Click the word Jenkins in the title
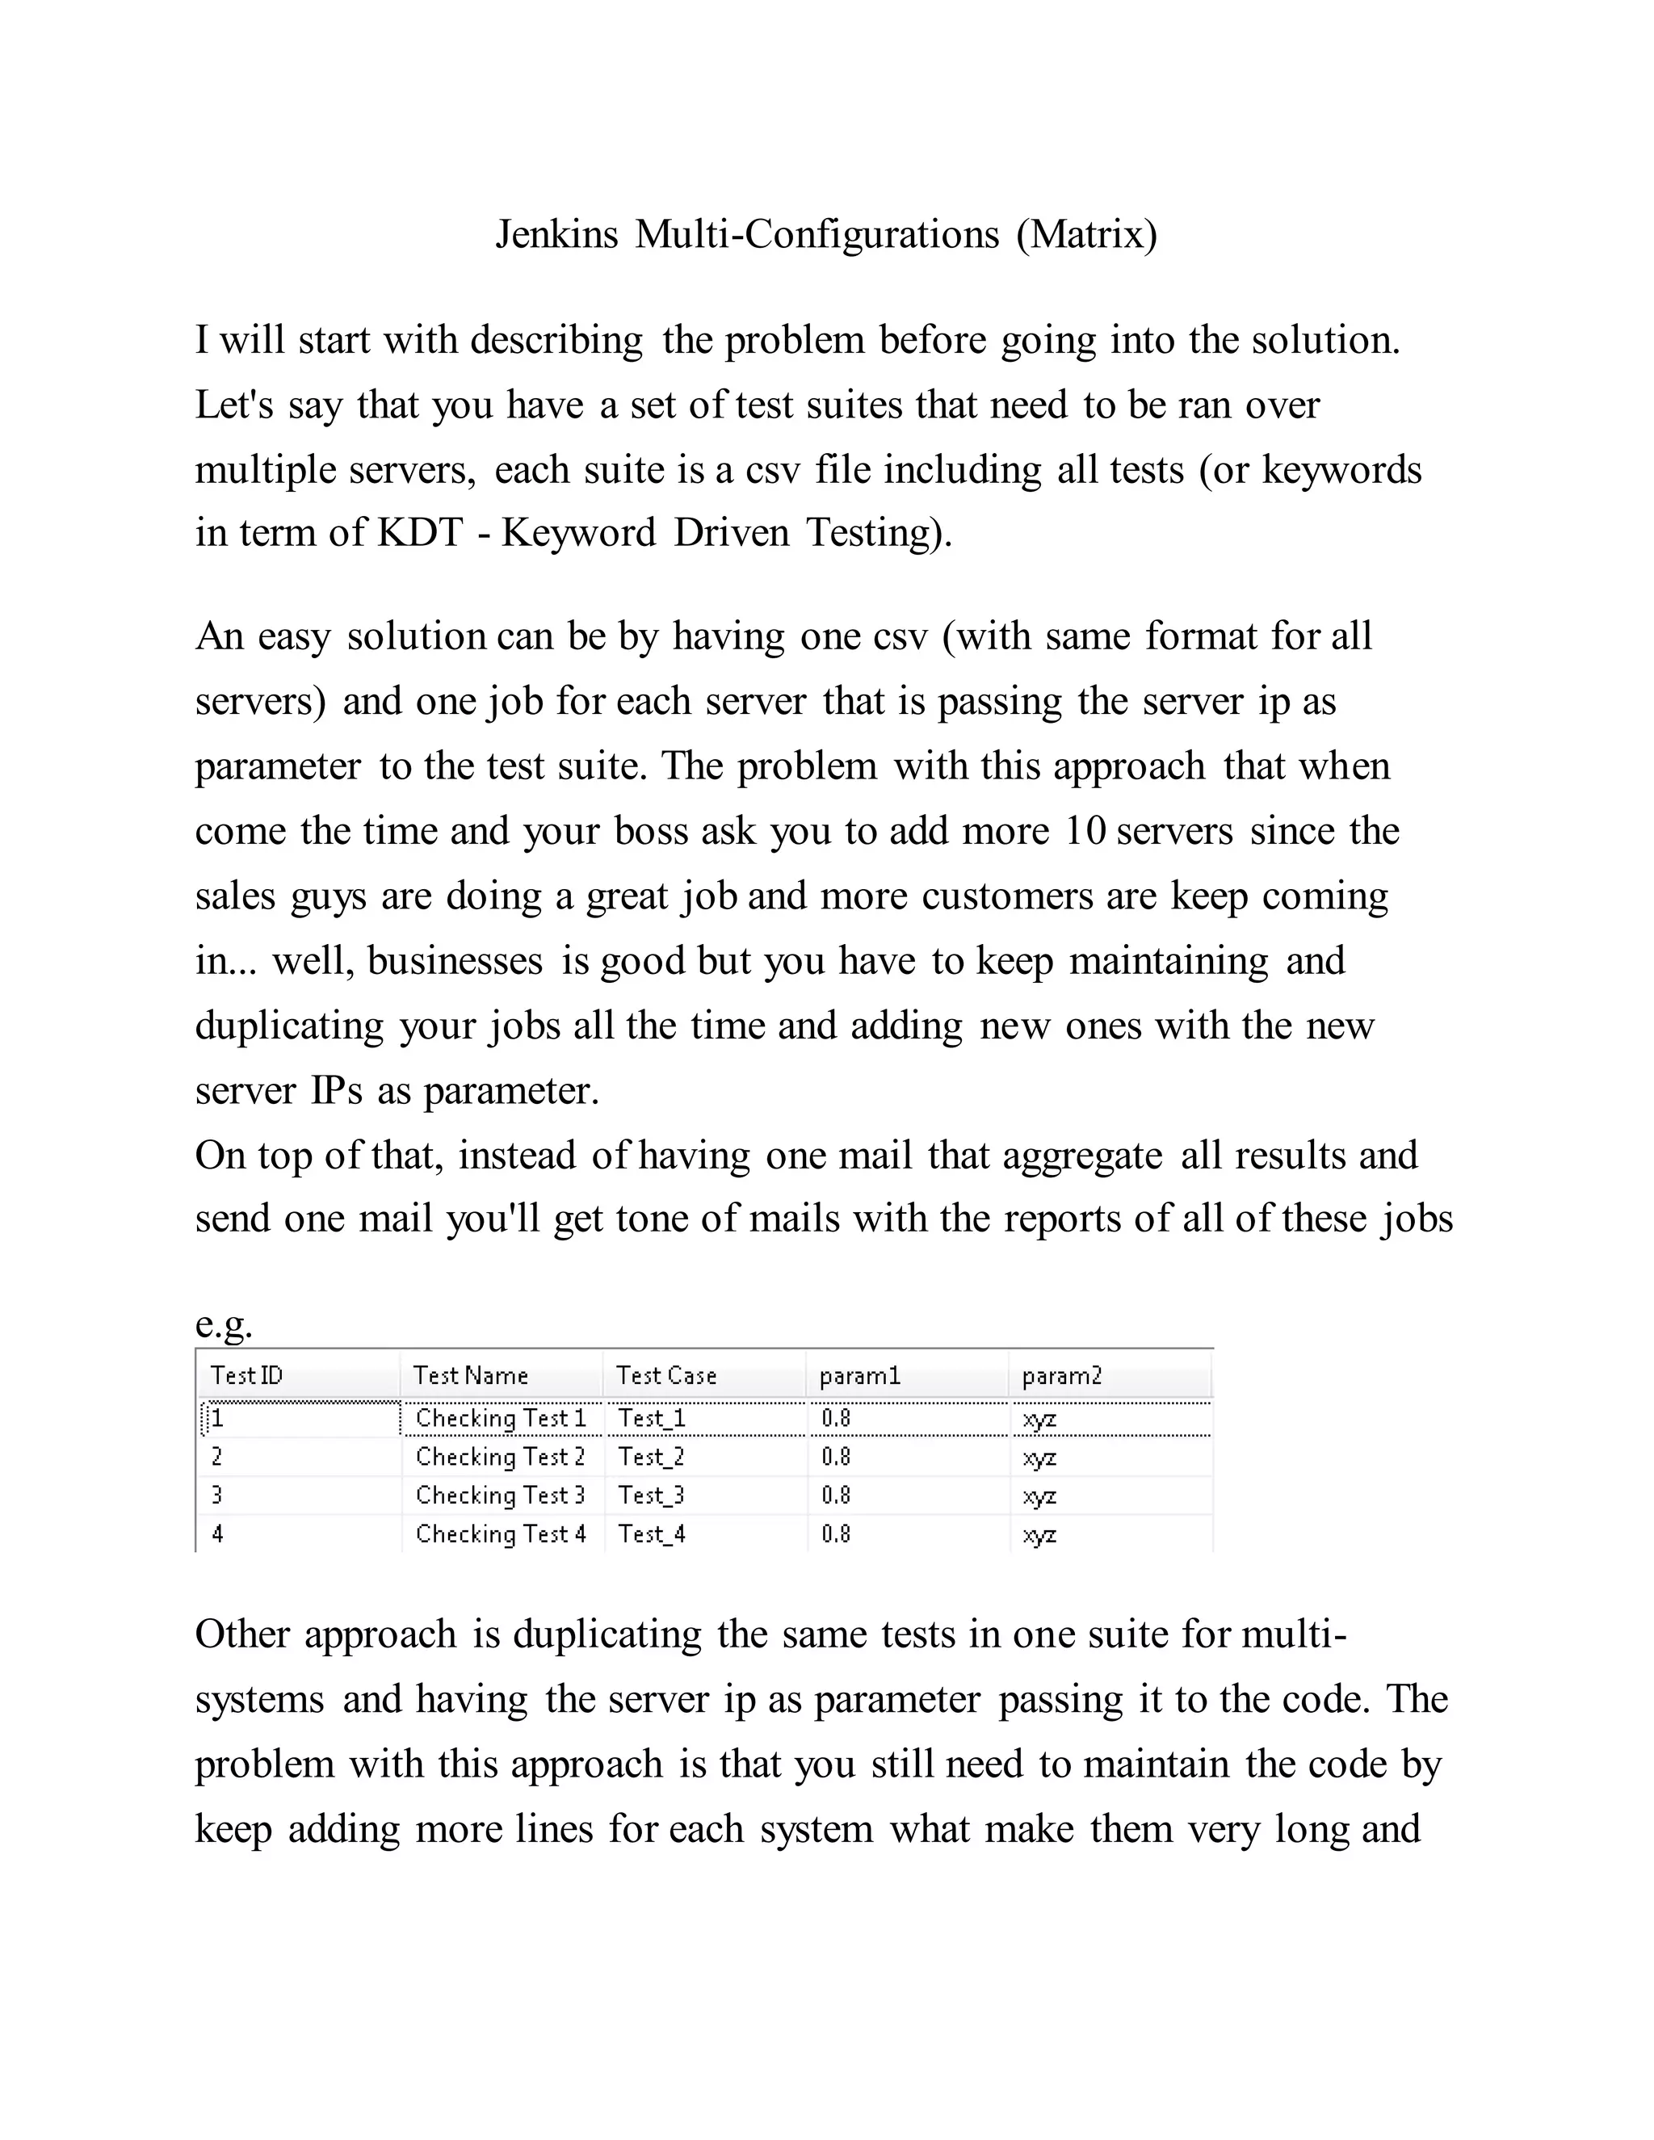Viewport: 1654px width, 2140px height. (556, 235)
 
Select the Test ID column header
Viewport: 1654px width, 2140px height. (247, 1376)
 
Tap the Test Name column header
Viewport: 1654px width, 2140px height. (470, 1376)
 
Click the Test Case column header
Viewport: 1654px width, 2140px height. (666, 1376)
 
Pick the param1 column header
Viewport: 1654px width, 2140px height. (859, 1376)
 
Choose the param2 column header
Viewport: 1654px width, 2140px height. (1062, 1376)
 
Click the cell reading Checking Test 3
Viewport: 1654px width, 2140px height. (500, 1496)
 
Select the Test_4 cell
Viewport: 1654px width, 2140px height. (652, 1534)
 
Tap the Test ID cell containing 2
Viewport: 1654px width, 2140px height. (217, 1457)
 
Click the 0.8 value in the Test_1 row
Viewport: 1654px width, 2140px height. (836, 1418)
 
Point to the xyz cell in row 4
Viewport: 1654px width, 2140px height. (1039, 1535)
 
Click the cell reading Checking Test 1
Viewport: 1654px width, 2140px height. (500, 1418)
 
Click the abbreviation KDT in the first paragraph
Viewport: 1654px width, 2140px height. (419, 533)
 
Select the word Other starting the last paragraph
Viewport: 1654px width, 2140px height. (243, 1635)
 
